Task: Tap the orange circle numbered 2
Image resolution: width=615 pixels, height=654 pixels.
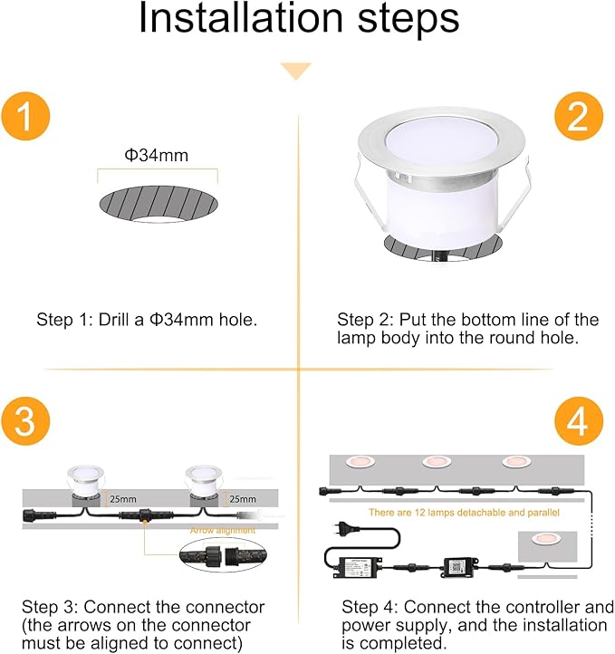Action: point(577,118)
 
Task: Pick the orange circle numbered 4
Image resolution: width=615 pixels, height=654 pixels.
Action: point(577,422)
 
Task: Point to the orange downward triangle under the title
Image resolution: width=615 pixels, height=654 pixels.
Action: point(295,71)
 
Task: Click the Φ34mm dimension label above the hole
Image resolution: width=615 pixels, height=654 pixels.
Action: point(157,155)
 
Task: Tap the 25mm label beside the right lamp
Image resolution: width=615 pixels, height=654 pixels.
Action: point(242,498)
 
